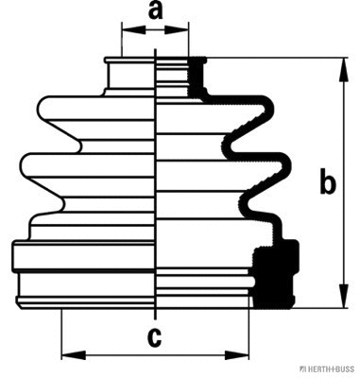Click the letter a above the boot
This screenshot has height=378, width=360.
point(155,12)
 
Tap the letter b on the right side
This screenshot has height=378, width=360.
point(327,182)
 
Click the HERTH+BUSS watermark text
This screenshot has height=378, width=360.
point(327,369)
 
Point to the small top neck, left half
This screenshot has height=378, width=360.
point(129,77)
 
